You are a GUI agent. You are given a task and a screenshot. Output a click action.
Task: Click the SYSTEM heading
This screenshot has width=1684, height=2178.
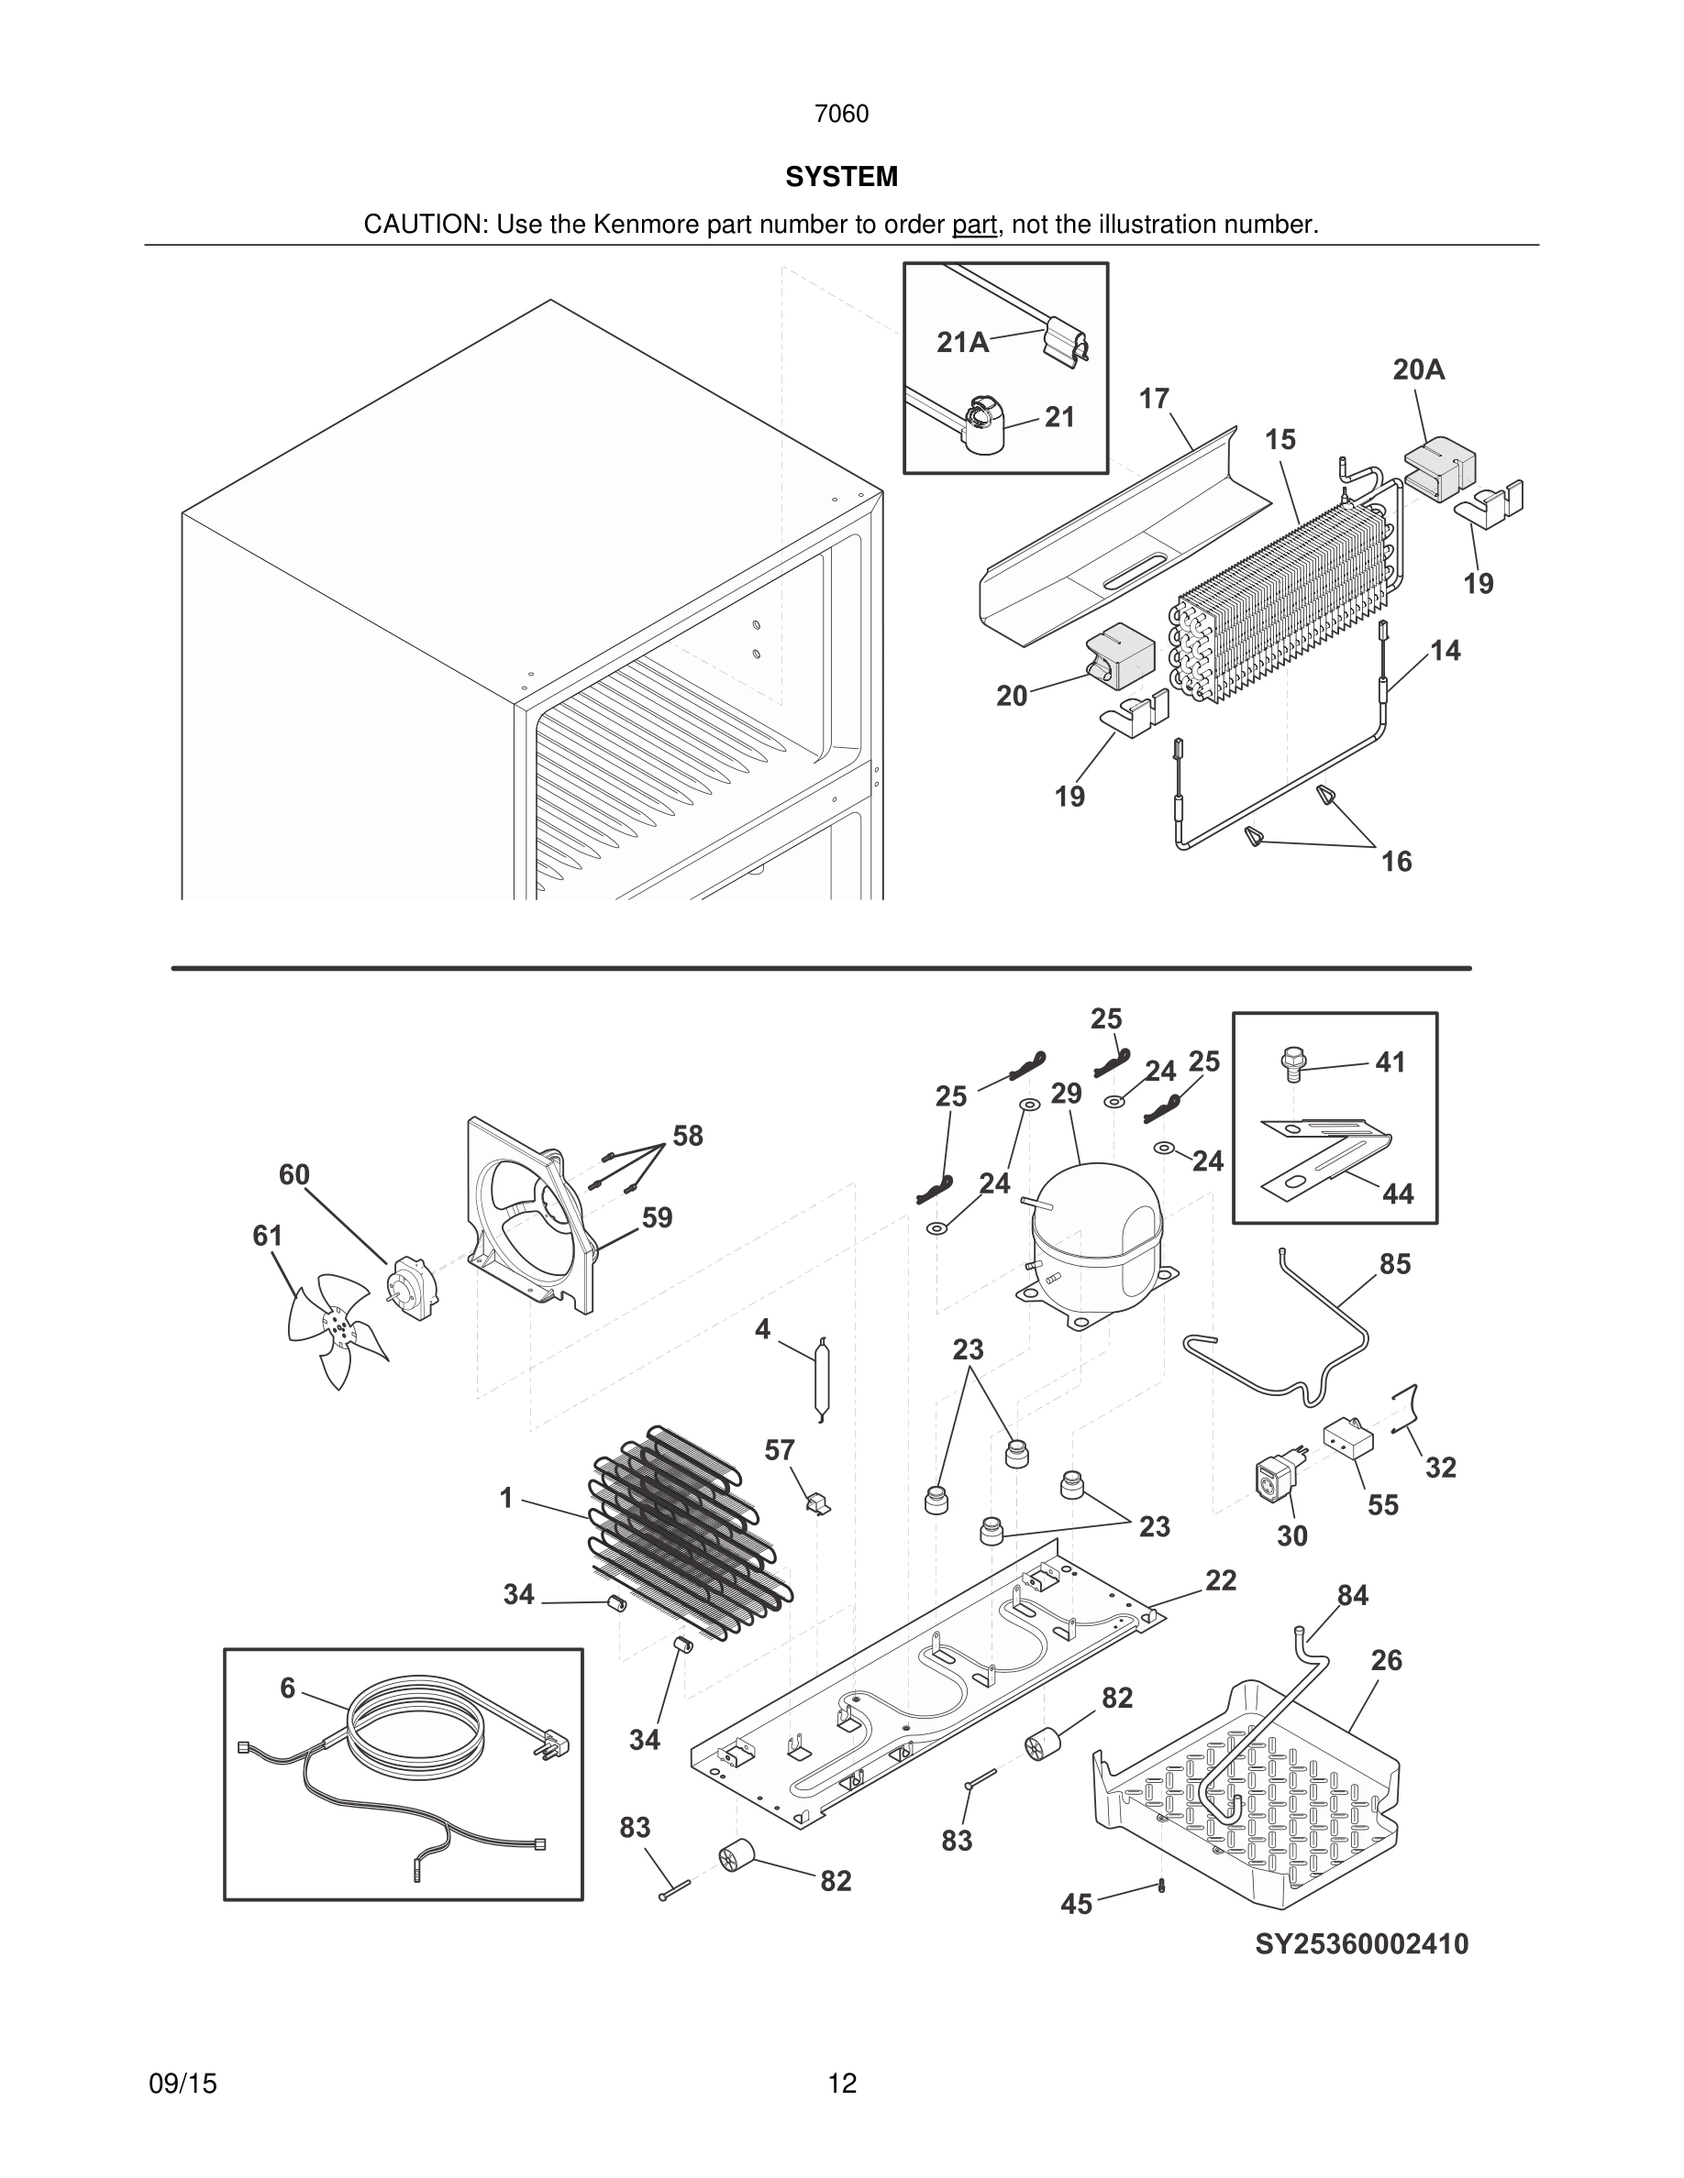(841, 177)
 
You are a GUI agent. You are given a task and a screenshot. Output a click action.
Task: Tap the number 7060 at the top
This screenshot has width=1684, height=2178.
(841, 114)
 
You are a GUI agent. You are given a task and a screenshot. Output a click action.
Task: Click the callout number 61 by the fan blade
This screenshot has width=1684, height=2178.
(267, 1236)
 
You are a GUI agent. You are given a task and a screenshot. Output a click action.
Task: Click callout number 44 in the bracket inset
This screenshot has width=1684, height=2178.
(1397, 1193)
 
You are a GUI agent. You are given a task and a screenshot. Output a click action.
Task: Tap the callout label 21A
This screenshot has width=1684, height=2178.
(962, 343)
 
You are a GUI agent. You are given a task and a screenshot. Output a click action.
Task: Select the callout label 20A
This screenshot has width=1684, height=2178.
(1418, 370)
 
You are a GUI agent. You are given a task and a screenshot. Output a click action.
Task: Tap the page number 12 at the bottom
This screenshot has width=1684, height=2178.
(841, 2084)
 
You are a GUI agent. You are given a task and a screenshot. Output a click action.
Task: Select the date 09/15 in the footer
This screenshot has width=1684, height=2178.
(183, 2084)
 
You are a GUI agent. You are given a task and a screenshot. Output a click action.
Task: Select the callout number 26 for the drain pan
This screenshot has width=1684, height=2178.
(1386, 1660)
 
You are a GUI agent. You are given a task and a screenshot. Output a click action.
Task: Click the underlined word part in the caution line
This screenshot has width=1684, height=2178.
(974, 225)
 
